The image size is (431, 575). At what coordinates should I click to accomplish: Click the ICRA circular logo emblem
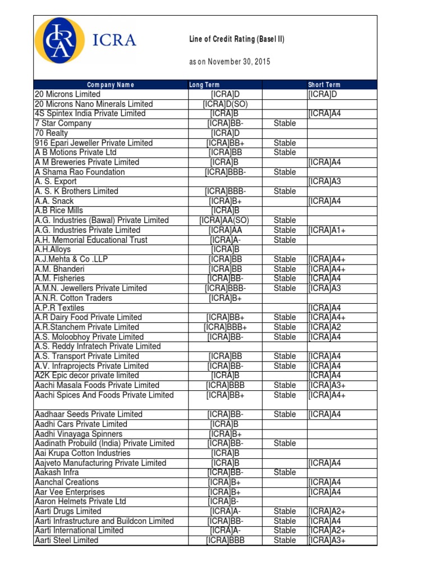click(x=60, y=40)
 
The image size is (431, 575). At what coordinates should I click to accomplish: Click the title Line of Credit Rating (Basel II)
click(x=237, y=39)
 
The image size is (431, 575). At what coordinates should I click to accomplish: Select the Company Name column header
click(x=111, y=85)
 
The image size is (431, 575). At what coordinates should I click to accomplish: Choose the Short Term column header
click(x=324, y=85)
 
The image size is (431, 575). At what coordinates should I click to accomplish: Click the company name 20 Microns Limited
click(x=67, y=94)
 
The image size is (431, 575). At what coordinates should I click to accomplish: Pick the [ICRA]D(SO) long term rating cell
click(x=226, y=104)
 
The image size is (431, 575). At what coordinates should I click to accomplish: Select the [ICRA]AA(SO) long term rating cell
click(x=226, y=220)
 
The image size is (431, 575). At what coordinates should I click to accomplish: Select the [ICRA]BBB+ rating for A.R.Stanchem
click(x=226, y=327)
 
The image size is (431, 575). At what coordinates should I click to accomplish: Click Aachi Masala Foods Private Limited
click(x=97, y=385)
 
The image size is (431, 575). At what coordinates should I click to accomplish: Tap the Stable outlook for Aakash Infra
click(x=285, y=472)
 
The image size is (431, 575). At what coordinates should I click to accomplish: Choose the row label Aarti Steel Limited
click(x=66, y=540)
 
